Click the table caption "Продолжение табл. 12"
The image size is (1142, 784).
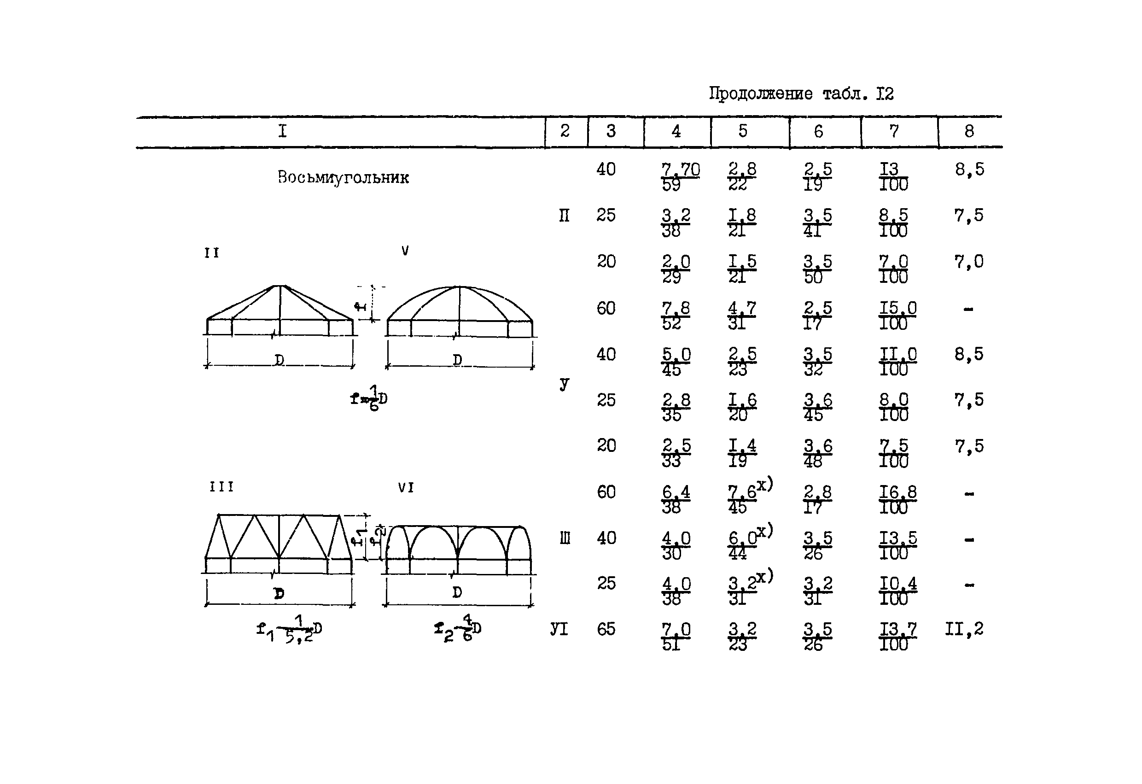800,94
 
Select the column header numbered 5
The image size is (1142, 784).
742,131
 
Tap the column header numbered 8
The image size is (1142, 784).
968,131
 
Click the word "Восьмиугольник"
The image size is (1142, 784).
343,177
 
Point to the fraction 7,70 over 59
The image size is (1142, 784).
680,177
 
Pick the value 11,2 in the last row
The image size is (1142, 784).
964,629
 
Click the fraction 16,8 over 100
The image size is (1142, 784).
897,499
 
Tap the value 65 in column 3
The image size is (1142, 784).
606,629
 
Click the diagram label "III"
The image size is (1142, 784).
221,486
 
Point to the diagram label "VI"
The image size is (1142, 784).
406,488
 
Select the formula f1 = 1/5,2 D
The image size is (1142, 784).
289,630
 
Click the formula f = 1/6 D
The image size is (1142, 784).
368,398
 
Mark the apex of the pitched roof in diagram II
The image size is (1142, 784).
280,286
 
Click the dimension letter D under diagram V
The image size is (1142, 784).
457,360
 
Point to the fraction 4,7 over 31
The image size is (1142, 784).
741,316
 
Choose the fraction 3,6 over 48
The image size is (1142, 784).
818,453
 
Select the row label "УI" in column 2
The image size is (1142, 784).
559,629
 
